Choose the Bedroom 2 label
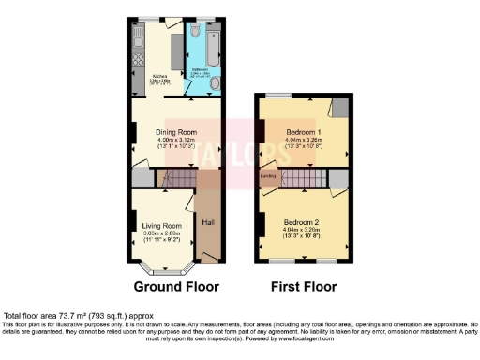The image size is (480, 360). [303, 222]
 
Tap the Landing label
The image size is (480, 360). [267, 175]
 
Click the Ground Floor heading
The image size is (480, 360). [175, 287]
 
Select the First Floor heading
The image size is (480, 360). [304, 287]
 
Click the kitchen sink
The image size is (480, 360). [137, 40]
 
